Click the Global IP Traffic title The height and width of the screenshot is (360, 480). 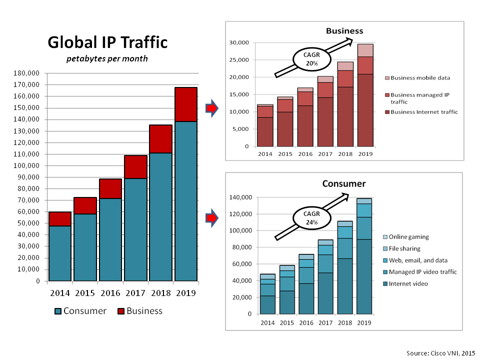pyautogui.click(x=107, y=42)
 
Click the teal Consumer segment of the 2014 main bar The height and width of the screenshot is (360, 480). pyautogui.click(x=60, y=253)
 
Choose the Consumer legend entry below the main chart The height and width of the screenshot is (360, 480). pyautogui.click(x=80, y=311)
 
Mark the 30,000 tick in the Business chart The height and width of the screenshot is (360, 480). pyautogui.click(x=239, y=43)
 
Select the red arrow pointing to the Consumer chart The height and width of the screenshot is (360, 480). pyautogui.click(x=212, y=217)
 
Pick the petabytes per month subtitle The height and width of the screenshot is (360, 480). pyautogui.click(x=107, y=59)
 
